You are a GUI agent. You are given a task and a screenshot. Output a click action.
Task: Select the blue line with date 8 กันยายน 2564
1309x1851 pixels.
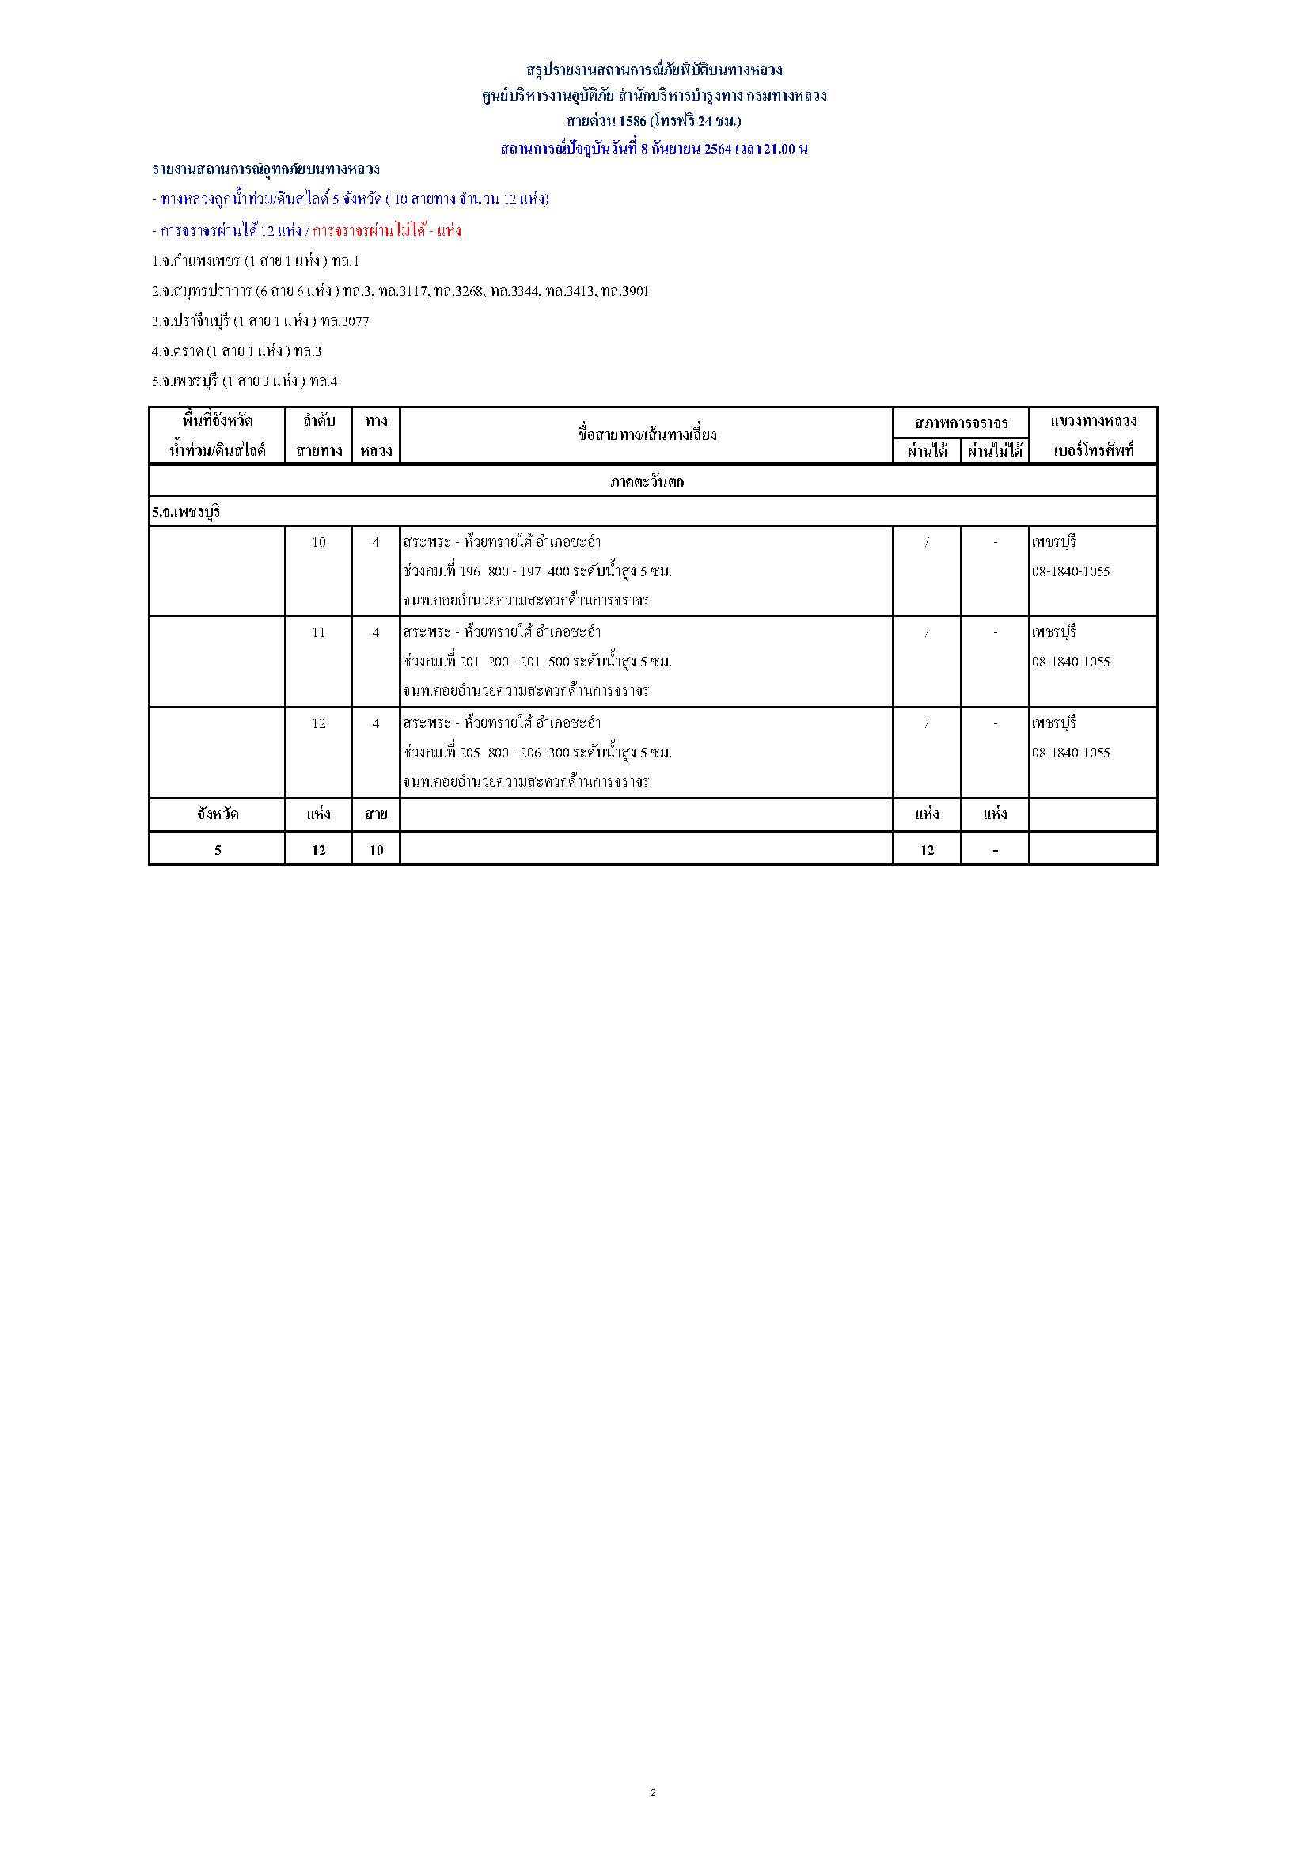[x=654, y=148]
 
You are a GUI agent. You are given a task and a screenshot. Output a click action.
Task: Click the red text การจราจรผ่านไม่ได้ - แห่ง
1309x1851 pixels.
[x=387, y=230]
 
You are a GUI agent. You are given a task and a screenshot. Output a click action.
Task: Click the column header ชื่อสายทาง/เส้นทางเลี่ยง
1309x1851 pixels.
[x=647, y=435]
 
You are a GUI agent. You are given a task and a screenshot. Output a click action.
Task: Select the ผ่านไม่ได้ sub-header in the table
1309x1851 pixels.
[x=995, y=450]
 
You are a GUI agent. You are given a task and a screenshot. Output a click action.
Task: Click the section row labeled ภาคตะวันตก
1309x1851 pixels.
[x=647, y=481]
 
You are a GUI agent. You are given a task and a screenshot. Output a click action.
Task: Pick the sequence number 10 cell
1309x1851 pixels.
[x=319, y=542]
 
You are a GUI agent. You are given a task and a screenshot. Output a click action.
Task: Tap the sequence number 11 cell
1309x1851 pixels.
[x=319, y=632]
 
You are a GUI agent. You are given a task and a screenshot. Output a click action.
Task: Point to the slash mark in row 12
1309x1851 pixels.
[x=927, y=723]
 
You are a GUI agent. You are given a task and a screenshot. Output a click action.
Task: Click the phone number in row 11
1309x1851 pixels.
[x=1071, y=662]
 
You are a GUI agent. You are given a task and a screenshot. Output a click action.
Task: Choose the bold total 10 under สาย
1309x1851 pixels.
[x=377, y=850]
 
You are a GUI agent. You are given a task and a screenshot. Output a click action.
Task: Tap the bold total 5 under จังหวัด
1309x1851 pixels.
[x=218, y=850]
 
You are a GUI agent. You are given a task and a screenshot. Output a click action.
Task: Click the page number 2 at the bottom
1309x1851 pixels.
[x=653, y=1793]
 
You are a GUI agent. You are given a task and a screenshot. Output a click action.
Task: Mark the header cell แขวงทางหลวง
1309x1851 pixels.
[x=1093, y=421]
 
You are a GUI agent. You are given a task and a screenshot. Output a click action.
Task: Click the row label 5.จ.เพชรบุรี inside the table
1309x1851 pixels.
[x=186, y=512]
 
